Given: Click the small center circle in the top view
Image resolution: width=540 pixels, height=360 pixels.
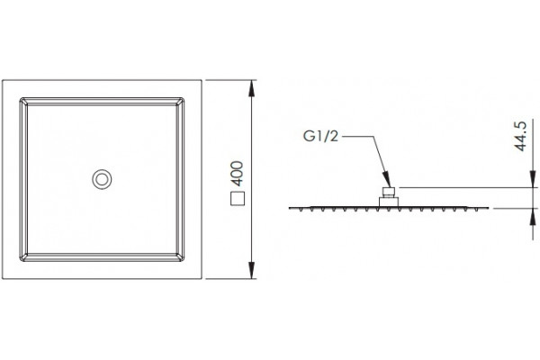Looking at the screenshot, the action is tap(102, 179).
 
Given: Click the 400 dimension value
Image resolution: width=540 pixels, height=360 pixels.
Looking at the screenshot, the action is tap(237, 174).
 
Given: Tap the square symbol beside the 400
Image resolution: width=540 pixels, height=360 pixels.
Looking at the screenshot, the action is tap(238, 198).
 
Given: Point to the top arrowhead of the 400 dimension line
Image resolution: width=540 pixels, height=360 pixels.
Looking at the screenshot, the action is tap(252, 89).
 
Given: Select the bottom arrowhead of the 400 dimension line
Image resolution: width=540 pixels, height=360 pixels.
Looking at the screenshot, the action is tap(252, 270).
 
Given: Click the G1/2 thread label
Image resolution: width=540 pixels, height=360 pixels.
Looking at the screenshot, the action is tap(320, 137).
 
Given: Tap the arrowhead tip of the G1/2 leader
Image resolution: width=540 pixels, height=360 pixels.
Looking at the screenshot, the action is tap(391, 187).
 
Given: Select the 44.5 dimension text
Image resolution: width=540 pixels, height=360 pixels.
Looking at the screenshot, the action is tap(521, 136).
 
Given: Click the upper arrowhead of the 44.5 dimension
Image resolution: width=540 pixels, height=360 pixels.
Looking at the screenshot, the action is tap(533, 179).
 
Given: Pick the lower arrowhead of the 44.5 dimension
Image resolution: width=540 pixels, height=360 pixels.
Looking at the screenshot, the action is tap(533, 217).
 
